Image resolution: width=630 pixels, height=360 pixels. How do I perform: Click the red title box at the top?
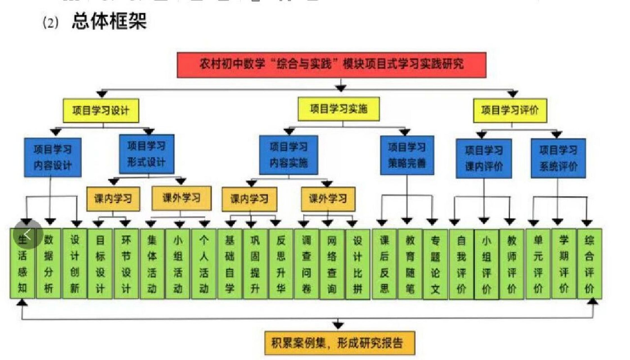(x=331, y=65)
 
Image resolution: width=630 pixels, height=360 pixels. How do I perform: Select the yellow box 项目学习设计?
(x=101, y=110)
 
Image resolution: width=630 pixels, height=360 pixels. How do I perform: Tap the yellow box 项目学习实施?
(x=338, y=109)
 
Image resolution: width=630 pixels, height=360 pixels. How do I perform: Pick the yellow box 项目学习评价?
(x=510, y=110)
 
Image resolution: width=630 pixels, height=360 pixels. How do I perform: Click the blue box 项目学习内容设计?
(x=53, y=157)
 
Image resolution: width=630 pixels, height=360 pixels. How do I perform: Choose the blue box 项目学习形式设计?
(x=146, y=154)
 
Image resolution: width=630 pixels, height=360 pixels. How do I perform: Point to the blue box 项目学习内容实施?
(x=288, y=155)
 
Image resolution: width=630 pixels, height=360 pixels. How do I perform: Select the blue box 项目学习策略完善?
(x=407, y=155)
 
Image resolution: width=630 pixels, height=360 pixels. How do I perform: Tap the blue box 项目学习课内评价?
(x=484, y=159)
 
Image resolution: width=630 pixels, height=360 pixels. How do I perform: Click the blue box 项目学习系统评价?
(x=558, y=158)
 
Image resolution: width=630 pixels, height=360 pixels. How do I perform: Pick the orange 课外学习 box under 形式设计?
(x=181, y=198)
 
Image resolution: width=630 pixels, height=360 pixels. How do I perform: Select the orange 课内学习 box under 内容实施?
(x=249, y=199)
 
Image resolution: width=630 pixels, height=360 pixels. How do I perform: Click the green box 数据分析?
(x=48, y=264)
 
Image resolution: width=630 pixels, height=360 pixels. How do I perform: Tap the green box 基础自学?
(x=229, y=264)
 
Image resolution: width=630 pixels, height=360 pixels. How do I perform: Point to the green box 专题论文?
(x=435, y=264)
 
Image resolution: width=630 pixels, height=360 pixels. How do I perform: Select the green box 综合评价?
(x=589, y=264)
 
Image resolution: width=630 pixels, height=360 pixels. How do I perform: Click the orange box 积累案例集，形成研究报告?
(x=340, y=343)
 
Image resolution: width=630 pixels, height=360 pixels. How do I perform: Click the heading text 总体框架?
(x=109, y=21)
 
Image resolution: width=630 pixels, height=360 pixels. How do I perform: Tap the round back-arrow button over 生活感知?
(x=28, y=234)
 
